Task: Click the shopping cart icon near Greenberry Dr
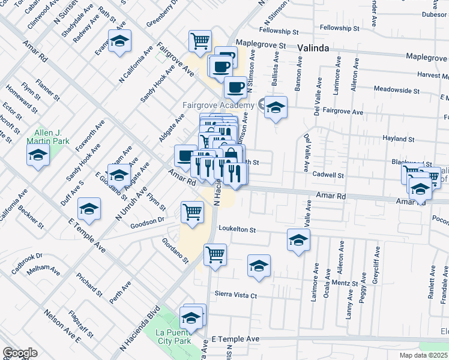(200, 41)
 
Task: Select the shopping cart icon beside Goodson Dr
(192, 211)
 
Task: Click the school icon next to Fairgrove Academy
(276, 107)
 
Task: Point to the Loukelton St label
(237, 229)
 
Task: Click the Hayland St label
(395, 139)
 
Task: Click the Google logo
(20, 353)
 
